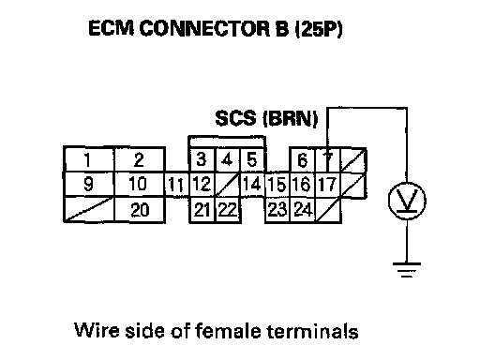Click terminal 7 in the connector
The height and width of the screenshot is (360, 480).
(x=328, y=159)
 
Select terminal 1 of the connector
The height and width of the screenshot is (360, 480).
(x=89, y=159)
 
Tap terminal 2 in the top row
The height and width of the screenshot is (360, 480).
(x=140, y=159)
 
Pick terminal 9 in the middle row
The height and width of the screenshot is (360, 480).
(x=89, y=184)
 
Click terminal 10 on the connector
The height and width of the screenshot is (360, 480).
(x=140, y=184)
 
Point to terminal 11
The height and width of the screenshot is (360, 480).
(x=177, y=184)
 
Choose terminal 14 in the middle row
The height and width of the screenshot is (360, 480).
(x=252, y=184)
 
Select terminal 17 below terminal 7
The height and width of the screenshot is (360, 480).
(x=328, y=184)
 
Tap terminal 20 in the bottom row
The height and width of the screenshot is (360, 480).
(x=140, y=210)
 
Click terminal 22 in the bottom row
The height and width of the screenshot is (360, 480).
(x=228, y=210)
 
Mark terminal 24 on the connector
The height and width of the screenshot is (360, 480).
(x=303, y=210)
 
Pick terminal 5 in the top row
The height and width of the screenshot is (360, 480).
(x=252, y=159)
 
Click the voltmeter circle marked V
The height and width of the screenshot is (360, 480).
(x=407, y=201)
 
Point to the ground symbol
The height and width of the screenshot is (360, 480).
(x=407, y=270)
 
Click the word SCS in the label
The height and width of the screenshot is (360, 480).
(x=235, y=118)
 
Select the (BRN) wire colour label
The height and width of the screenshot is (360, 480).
(x=291, y=119)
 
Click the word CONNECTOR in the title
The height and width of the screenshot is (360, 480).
(x=204, y=28)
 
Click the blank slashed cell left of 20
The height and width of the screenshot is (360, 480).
(x=89, y=210)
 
